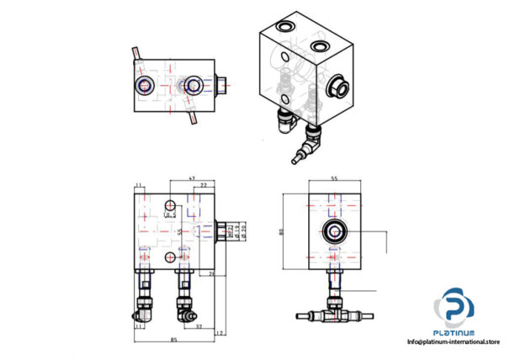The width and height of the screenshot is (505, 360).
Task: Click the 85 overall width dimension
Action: point(173,340)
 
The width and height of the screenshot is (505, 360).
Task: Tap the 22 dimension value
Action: point(204,187)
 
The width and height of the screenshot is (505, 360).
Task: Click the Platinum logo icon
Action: point(454,306)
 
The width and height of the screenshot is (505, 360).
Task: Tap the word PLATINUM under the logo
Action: point(454,331)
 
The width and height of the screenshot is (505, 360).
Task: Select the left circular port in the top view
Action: point(145,84)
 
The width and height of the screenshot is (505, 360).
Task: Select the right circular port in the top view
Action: point(194,84)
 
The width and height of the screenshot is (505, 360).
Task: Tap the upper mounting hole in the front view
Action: point(172,205)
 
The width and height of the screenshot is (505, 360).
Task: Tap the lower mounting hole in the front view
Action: point(171,257)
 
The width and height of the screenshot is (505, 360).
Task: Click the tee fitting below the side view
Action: point(335,314)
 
